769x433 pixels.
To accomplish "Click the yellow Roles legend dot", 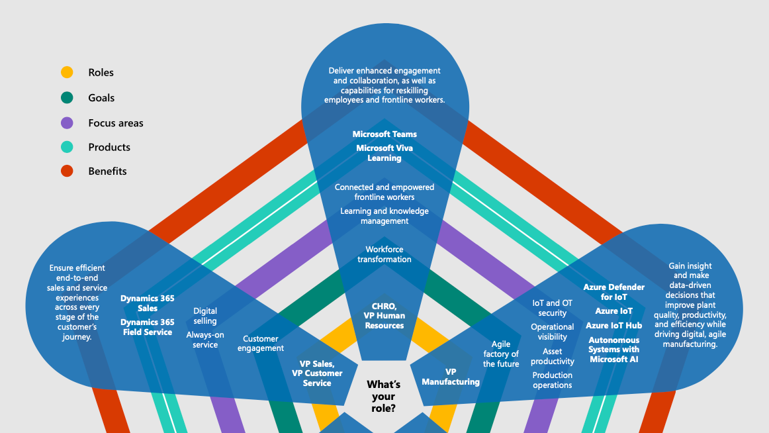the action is [67, 73].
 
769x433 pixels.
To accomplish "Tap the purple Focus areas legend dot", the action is [67, 123].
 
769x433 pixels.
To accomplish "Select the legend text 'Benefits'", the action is [107, 171].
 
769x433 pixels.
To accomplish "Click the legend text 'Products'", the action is [109, 147].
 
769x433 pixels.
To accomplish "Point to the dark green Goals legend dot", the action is [67, 97].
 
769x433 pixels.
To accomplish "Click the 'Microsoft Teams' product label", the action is [384, 134].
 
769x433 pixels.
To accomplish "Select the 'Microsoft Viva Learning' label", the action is [384, 153].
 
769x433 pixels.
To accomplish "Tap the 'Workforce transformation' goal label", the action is [384, 254].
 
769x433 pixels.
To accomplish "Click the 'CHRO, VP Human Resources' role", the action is [384, 316].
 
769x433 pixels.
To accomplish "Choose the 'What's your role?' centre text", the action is [384, 396].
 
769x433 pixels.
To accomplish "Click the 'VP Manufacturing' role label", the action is [451, 377].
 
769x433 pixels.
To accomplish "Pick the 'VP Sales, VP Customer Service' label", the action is [317, 373].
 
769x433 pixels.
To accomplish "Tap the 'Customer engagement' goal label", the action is [261, 343].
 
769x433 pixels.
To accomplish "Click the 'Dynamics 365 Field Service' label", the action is [147, 327].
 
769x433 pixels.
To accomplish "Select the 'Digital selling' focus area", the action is [205, 316].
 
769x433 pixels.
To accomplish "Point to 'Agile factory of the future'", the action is [501, 354].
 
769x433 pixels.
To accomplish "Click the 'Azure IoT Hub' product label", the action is [613, 326].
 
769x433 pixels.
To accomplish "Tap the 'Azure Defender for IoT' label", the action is [613, 292].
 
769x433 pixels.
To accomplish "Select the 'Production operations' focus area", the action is [552, 380].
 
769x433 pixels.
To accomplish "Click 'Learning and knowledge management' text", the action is [384, 216].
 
